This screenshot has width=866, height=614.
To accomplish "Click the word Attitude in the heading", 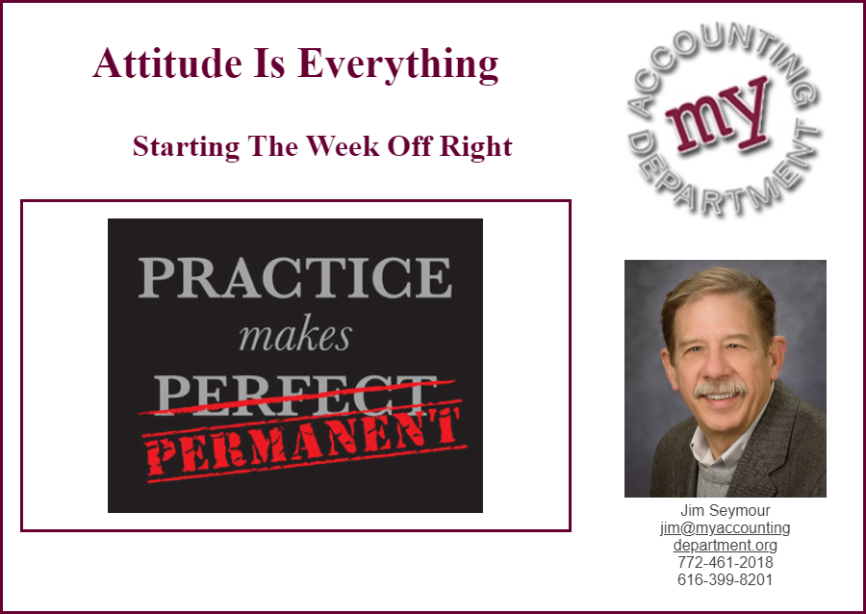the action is [167, 63].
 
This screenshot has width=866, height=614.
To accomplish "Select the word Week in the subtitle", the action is [343, 145].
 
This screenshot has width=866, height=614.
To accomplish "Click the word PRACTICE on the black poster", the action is [295, 277].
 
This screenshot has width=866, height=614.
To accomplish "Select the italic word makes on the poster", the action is [295, 336].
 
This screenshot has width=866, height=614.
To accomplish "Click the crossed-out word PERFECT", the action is [295, 395].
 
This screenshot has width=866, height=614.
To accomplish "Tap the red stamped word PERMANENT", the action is [303, 443].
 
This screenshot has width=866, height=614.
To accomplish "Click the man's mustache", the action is [720, 388].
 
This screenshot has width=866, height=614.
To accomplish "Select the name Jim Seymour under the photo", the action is [725, 510].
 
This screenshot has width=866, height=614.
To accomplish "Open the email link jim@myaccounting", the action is [725, 527].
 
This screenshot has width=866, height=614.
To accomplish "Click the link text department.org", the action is [725, 545].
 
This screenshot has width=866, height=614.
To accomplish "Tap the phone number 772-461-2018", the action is [725, 562].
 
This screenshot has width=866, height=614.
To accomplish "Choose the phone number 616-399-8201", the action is [725, 579].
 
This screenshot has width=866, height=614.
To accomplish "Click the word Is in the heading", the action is [269, 63].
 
